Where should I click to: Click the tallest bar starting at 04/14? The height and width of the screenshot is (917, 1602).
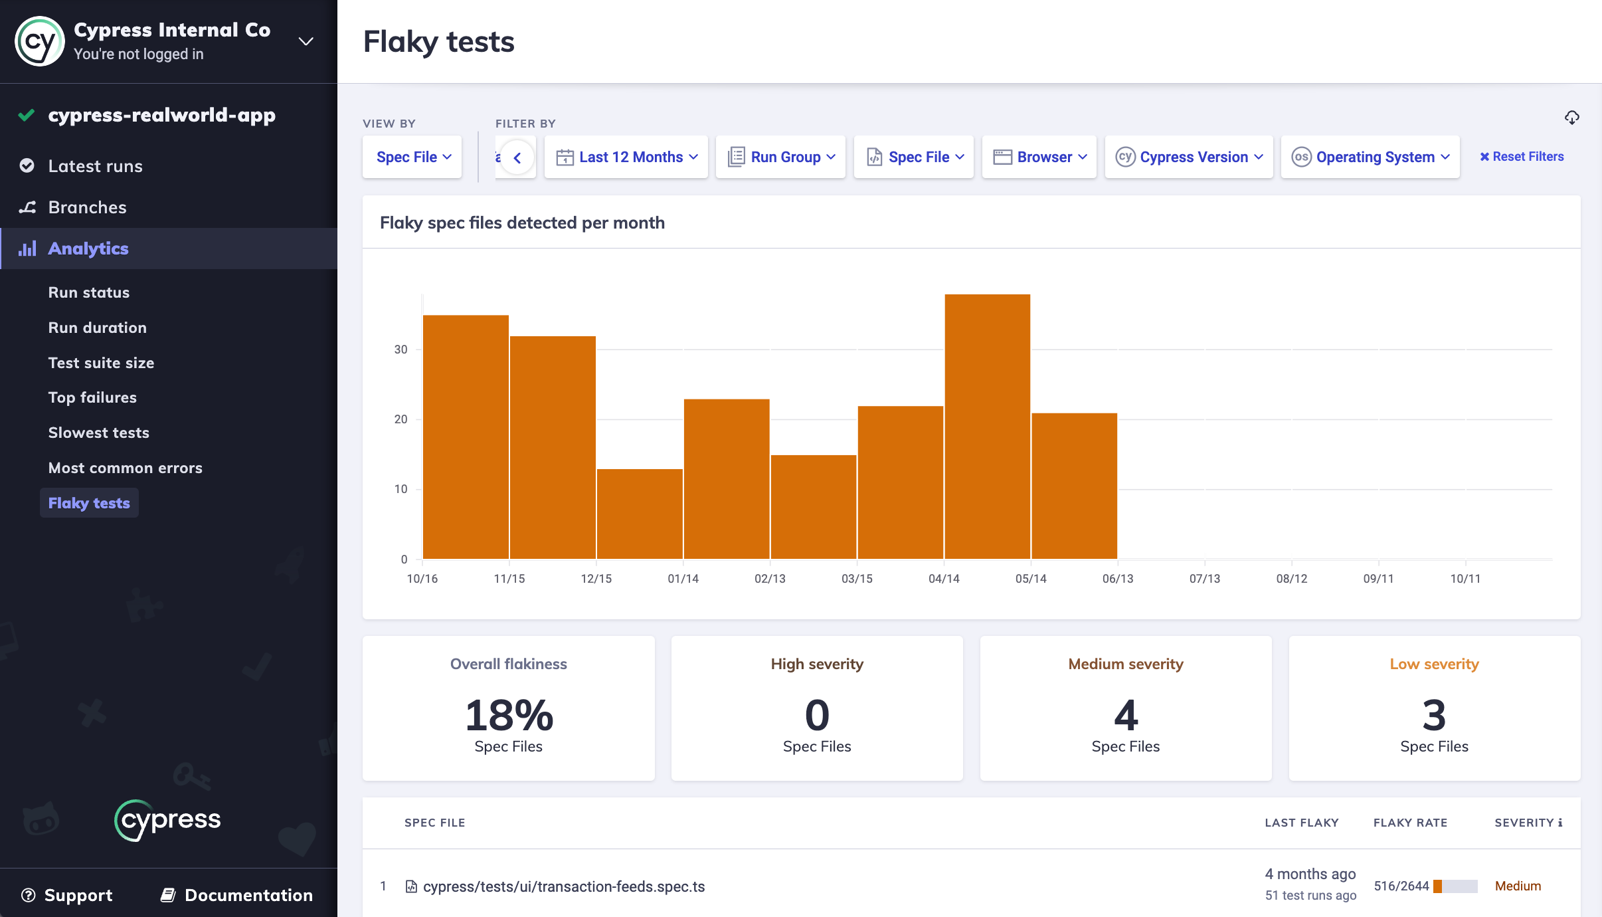click(987, 426)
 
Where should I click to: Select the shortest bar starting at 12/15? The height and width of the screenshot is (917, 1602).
click(640, 514)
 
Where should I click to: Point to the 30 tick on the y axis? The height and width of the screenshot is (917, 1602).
click(400, 350)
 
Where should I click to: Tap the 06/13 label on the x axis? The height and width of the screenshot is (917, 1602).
click(1118, 579)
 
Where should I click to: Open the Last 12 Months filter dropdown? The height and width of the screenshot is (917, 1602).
click(626, 157)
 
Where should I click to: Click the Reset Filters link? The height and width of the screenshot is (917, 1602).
click(1522, 157)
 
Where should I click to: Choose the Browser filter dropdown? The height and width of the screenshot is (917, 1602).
click(1039, 157)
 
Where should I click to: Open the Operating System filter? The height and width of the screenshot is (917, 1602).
click(1370, 157)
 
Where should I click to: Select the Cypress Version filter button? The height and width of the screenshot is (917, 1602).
click(1189, 157)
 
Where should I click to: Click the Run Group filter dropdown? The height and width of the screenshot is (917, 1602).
click(780, 157)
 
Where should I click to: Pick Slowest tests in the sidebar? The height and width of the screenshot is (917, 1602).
click(99, 433)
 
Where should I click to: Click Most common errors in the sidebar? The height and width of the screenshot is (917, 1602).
click(126, 468)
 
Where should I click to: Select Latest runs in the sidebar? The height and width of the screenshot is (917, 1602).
click(96, 166)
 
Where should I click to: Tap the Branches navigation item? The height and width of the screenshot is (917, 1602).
click(87, 207)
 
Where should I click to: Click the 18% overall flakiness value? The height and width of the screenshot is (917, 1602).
click(509, 715)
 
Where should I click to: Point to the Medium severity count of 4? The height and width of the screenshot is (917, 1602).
click(1126, 715)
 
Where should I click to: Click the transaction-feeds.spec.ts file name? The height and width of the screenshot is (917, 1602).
click(564, 886)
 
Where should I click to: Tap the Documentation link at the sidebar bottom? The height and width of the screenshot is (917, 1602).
click(236, 895)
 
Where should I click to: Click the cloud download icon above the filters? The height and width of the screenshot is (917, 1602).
click(1571, 118)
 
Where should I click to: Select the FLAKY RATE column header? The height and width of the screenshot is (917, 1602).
click(1410, 823)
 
